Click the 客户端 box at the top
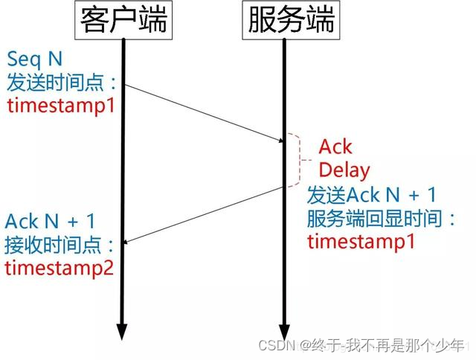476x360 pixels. [123, 20]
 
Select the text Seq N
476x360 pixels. [35, 58]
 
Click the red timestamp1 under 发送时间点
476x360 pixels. [61, 105]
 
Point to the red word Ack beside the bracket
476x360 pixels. [335, 146]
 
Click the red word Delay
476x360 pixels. [344, 170]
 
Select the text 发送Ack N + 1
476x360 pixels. [371, 195]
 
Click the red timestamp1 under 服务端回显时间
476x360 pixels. [361, 241]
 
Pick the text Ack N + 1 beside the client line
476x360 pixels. [50, 221]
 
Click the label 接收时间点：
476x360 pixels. [60, 244]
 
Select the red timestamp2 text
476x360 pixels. [59, 268]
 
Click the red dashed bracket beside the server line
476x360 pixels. [297, 161]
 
